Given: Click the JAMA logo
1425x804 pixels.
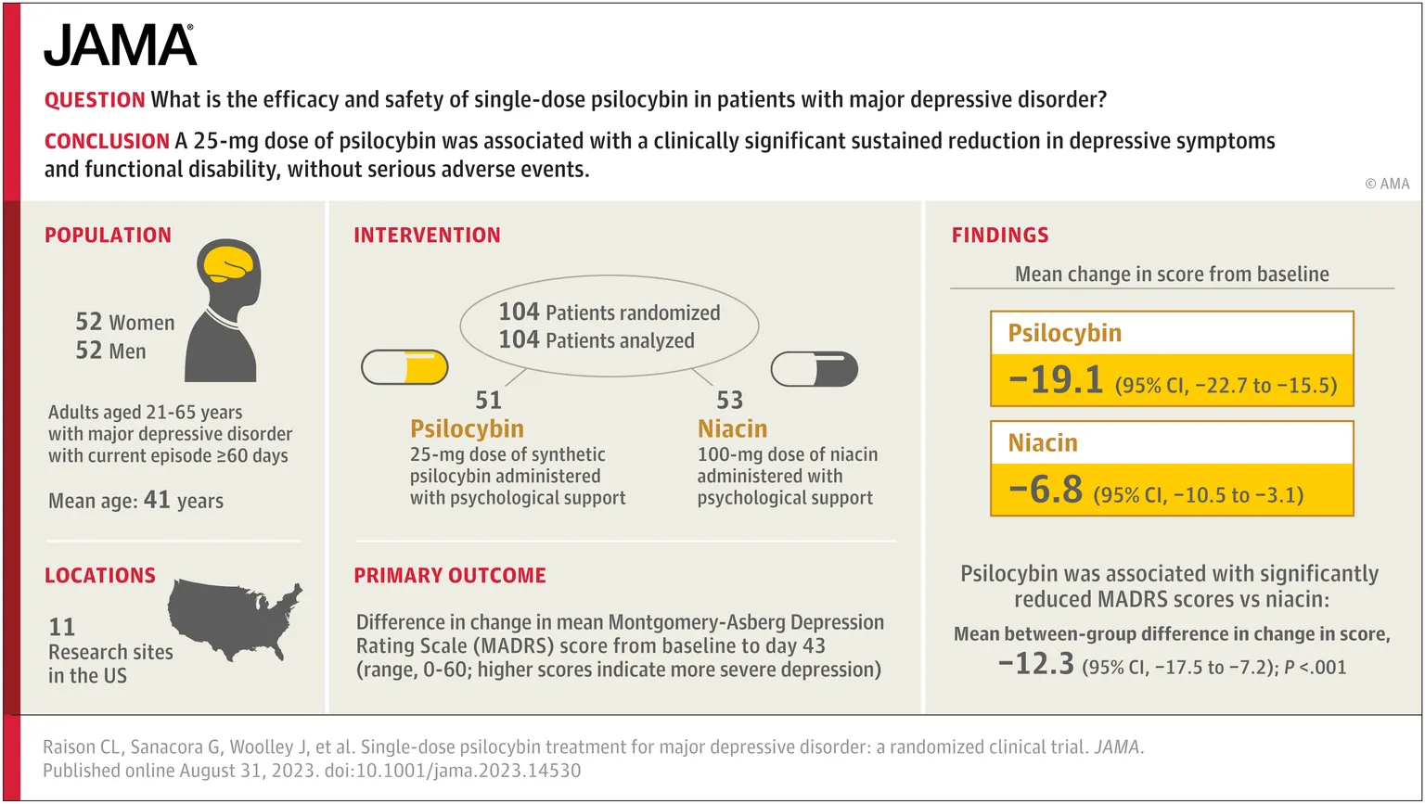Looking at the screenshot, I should tap(120, 45).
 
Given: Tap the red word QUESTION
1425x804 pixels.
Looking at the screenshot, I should tap(95, 100).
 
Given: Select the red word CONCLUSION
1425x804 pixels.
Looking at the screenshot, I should tap(107, 142).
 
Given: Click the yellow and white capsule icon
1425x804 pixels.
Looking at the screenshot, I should tap(404, 368).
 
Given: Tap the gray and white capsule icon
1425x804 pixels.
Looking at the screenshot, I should tap(814, 369).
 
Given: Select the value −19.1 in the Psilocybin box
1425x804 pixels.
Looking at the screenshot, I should tap(1055, 380).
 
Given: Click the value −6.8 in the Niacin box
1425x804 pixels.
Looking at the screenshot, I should tap(1045, 490).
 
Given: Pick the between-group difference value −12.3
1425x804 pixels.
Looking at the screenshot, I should tap(1035, 665).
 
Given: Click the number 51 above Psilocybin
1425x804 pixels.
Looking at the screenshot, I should tap(488, 401).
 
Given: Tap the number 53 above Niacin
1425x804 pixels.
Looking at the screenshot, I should tap(729, 401).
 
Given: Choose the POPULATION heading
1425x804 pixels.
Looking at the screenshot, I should tap(108, 236).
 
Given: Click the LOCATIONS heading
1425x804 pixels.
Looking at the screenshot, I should tap(100, 576).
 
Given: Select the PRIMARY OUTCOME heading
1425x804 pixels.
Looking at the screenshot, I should tap(449, 576).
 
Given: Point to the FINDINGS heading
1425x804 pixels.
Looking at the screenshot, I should tap(999, 236).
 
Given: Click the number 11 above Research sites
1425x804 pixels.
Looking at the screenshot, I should tap(61, 628).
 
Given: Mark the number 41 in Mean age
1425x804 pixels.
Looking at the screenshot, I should tap(157, 501).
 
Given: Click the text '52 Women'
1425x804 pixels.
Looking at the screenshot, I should tap(124, 322).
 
